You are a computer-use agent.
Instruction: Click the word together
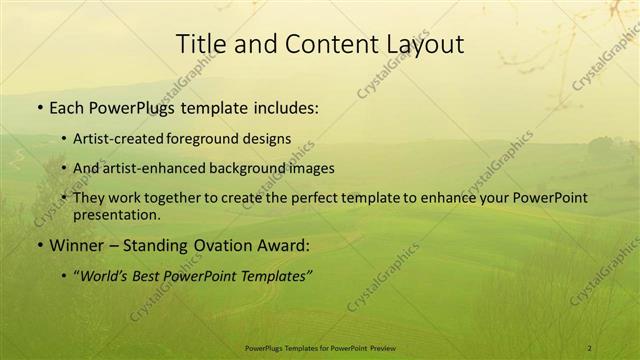pos(197,198)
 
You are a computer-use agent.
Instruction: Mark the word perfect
pos(330,198)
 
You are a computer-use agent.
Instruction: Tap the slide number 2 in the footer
pos(590,347)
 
